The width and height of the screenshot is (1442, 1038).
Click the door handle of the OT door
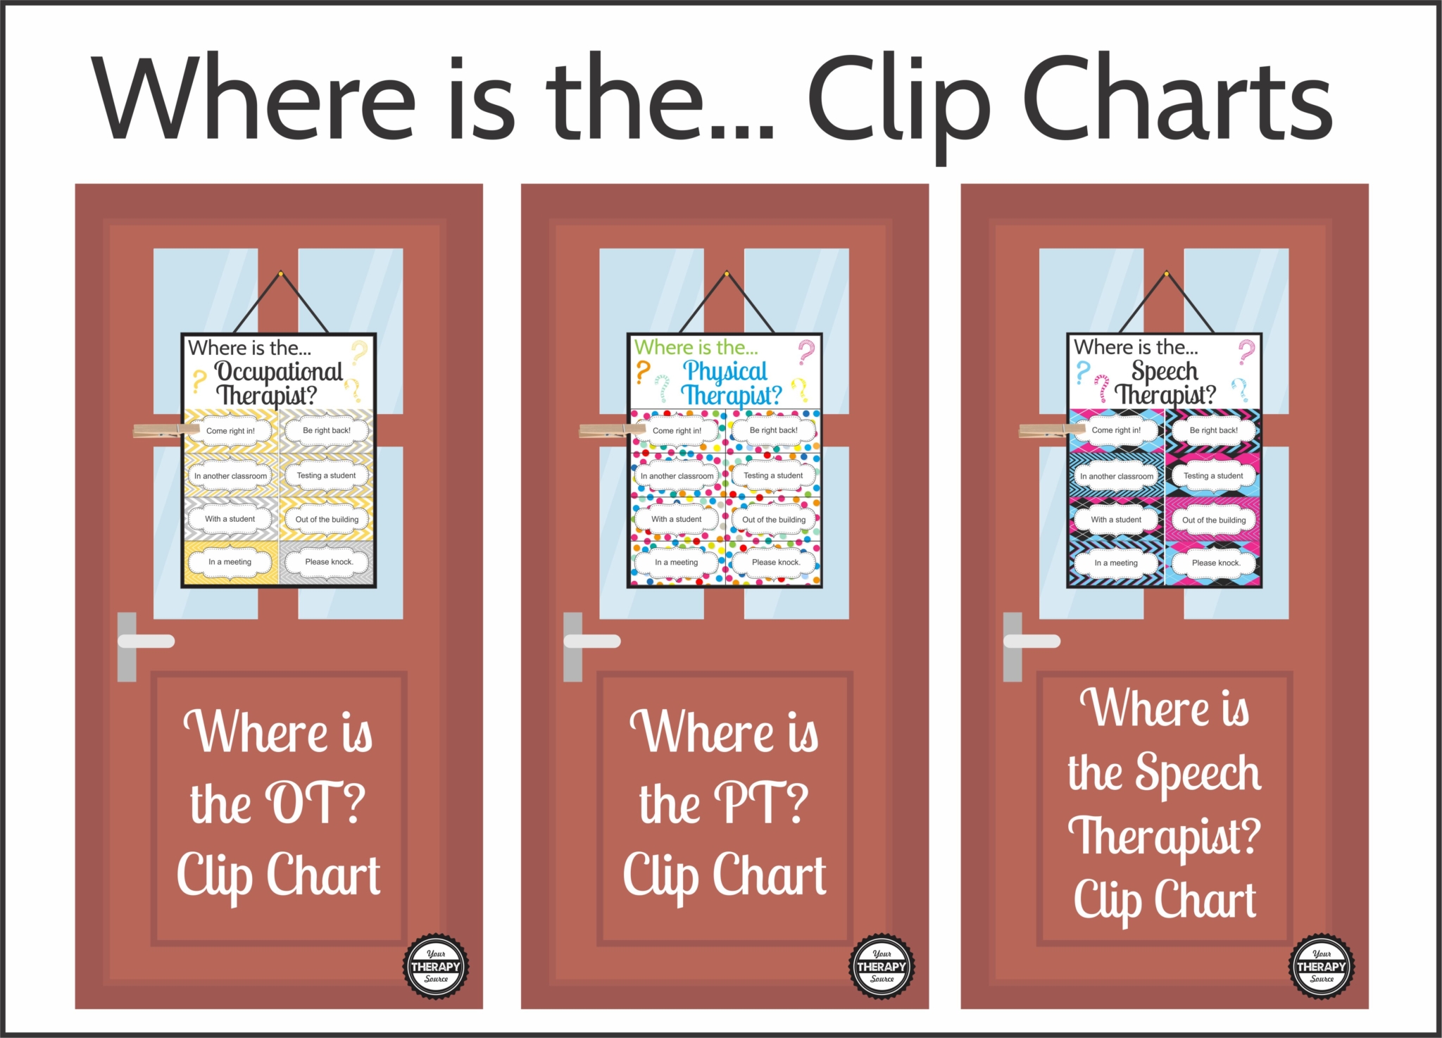click(x=146, y=641)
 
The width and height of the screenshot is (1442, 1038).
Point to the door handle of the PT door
click(x=591, y=641)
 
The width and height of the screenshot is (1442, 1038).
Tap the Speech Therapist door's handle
click(x=1032, y=641)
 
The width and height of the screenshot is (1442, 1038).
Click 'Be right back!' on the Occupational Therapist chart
click(x=327, y=430)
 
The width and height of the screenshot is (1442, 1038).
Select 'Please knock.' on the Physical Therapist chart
click(x=775, y=562)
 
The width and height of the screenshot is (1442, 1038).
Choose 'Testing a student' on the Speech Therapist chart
click(x=1213, y=476)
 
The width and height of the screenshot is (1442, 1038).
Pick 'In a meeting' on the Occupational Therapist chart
click(x=230, y=562)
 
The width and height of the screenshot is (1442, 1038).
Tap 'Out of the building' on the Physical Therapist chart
click(x=774, y=520)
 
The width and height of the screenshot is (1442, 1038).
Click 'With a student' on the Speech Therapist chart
click(x=1116, y=520)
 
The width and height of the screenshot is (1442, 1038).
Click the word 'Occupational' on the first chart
click(x=278, y=371)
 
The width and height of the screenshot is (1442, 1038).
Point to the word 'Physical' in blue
click(x=725, y=371)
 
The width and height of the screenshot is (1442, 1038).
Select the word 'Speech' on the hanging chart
click(x=1165, y=371)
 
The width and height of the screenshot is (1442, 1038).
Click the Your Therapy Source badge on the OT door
click(x=436, y=966)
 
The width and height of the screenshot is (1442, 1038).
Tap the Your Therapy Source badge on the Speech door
click(x=1322, y=966)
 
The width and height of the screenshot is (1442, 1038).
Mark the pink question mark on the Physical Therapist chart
click(x=806, y=351)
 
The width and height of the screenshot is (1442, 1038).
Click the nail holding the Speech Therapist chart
click(x=1166, y=273)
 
